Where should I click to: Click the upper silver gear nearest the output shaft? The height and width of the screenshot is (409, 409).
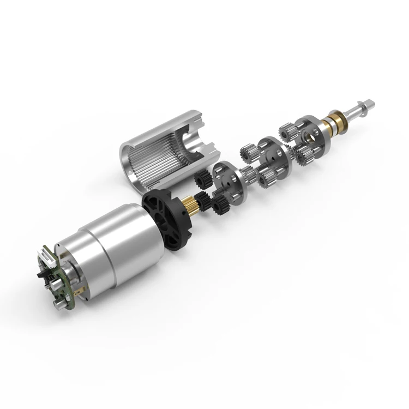pyautogui.click(x=287, y=131)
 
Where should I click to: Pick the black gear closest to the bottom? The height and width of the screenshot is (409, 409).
pyautogui.click(x=221, y=206)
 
